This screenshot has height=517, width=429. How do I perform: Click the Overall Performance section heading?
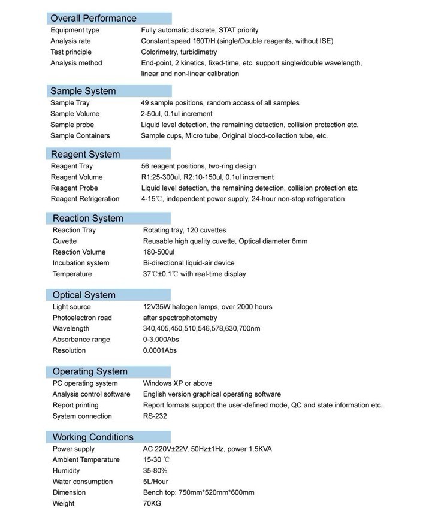pos(93,18)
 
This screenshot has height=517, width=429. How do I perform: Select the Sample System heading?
pos(83,91)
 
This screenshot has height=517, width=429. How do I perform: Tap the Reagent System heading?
pos(85,154)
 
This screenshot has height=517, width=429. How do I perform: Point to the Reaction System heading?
pos(87,218)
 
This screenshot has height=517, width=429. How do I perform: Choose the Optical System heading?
pos(84,295)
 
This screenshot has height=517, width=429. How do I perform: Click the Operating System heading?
pos(89,371)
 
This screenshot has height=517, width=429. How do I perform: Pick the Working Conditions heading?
pos(93,437)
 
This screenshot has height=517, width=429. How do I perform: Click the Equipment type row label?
pos(75,30)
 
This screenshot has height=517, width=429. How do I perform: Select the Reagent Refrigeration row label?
pos(85,199)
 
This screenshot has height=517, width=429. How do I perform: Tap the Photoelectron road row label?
pos(82,318)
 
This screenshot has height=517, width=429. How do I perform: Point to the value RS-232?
pos(155,416)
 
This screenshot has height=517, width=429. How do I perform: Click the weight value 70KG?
pos(152,504)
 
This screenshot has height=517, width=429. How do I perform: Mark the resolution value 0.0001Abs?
pos(160,350)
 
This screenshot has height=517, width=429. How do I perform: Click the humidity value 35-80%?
pos(155,471)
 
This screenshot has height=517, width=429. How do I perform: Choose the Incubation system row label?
pos(81,263)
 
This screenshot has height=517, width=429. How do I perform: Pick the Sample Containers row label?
pos(80,136)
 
